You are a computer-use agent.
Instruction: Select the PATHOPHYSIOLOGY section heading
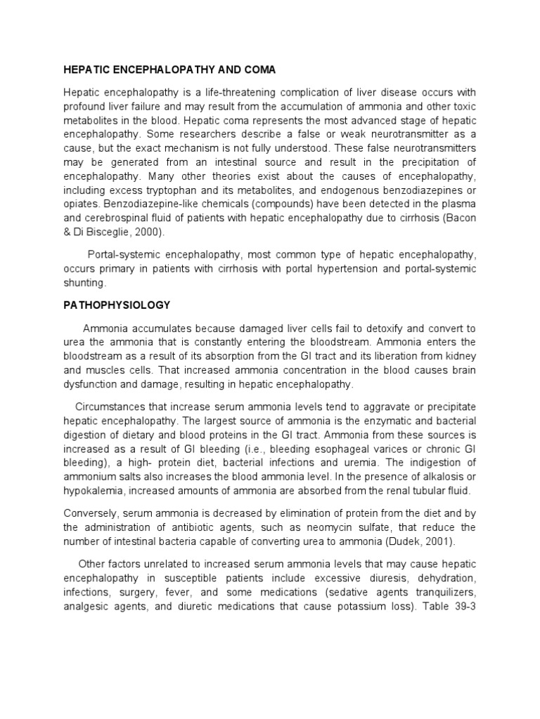(x=117, y=306)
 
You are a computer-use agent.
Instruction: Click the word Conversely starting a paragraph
(x=91, y=514)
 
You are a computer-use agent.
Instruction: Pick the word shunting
(x=84, y=282)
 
